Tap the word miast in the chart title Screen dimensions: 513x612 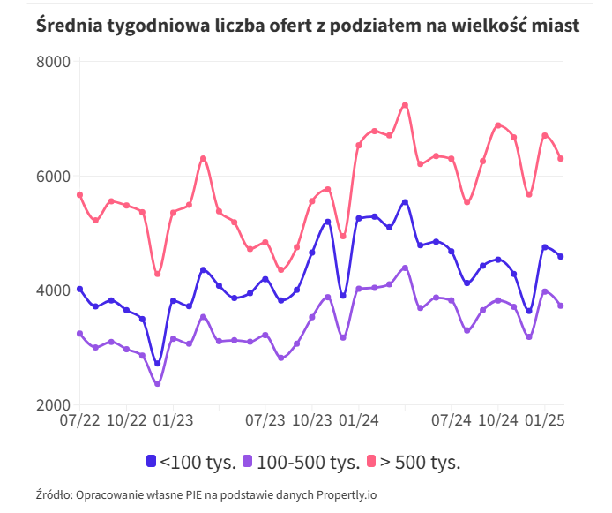tap(556, 26)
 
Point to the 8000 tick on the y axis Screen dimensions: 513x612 tap(53, 62)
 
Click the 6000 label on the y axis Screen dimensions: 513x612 tap(53, 177)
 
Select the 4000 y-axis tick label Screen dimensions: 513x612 tap(53, 290)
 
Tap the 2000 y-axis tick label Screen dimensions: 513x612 tap(53, 405)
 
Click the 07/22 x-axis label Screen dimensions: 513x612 tap(79, 420)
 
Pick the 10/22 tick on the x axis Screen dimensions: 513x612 tap(126, 420)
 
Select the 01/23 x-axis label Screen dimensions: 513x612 tap(173, 420)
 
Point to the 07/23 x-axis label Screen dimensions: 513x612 tap(265, 420)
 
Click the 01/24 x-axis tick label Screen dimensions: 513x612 tap(358, 420)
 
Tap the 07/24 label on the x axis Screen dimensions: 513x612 tap(452, 420)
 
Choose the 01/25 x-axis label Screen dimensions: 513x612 tap(544, 420)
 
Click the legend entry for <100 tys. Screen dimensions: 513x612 tap(190, 461)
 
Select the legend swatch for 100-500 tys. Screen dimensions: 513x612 tap(248, 461)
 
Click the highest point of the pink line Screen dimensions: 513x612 tap(405, 105)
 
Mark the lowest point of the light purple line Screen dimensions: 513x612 tap(157, 384)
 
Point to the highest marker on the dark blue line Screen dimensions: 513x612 tap(405, 202)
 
